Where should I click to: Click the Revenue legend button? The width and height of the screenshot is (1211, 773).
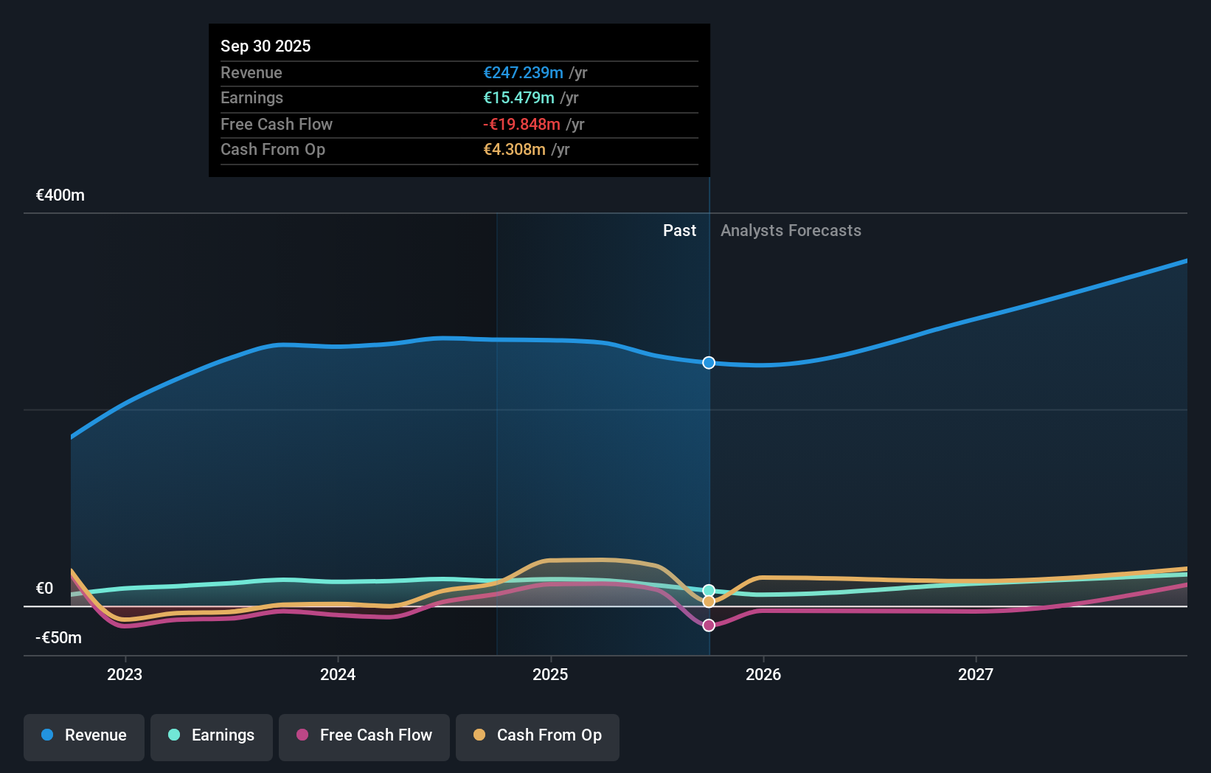point(84,735)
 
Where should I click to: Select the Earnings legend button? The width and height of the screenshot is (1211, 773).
point(212,735)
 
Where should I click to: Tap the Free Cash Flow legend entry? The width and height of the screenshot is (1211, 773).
point(364,735)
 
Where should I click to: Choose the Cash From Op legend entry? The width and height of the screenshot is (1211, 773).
point(538,735)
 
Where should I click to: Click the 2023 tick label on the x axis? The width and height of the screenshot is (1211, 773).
point(125,674)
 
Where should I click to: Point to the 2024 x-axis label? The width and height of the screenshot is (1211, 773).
point(338,674)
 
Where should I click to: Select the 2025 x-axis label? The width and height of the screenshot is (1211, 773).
point(550,674)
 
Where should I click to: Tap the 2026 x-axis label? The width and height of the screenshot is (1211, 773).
point(763,674)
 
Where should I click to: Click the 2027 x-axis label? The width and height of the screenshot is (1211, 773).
point(976,674)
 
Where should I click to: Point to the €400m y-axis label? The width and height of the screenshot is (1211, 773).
point(60,195)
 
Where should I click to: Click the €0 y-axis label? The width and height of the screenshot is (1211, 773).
point(44,589)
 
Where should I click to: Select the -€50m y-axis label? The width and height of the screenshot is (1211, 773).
point(59,638)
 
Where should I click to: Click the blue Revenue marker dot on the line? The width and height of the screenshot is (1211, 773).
point(709,363)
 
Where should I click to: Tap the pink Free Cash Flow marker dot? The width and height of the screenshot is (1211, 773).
point(709,625)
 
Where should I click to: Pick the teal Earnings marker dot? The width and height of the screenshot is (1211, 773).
point(709,590)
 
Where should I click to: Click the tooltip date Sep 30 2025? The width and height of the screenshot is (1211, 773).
point(266,46)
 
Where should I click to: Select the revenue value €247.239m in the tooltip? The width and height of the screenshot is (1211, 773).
point(523,73)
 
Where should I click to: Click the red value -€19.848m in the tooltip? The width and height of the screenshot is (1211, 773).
point(521,125)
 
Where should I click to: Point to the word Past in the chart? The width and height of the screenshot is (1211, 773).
point(679,231)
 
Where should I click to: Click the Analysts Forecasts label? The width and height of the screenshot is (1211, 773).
point(791,231)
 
